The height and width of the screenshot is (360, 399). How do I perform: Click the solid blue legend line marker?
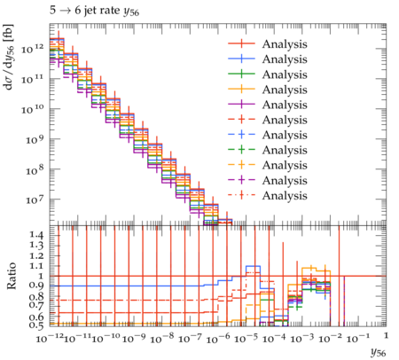241,59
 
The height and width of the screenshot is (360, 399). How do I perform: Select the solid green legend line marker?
241,74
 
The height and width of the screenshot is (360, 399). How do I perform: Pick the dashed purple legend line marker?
241,180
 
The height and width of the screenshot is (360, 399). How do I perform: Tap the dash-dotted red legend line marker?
241,195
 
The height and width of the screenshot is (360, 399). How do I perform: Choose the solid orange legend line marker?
241,90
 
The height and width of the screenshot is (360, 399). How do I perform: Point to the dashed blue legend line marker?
241,135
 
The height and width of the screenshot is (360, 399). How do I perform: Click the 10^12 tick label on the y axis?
34,49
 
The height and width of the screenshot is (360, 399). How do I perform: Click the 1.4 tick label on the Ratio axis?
36,235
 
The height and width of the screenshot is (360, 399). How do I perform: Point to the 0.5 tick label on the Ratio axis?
36,325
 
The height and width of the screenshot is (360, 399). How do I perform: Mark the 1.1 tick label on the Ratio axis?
36,266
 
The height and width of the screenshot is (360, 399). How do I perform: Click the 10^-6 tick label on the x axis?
218,339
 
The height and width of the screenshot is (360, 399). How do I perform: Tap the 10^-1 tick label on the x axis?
358,338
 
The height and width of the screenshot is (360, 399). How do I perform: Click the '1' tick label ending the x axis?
386,335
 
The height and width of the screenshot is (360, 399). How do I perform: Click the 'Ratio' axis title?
12,276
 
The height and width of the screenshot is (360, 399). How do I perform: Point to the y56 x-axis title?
379,352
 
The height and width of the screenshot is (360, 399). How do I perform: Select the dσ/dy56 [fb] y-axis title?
9,58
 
